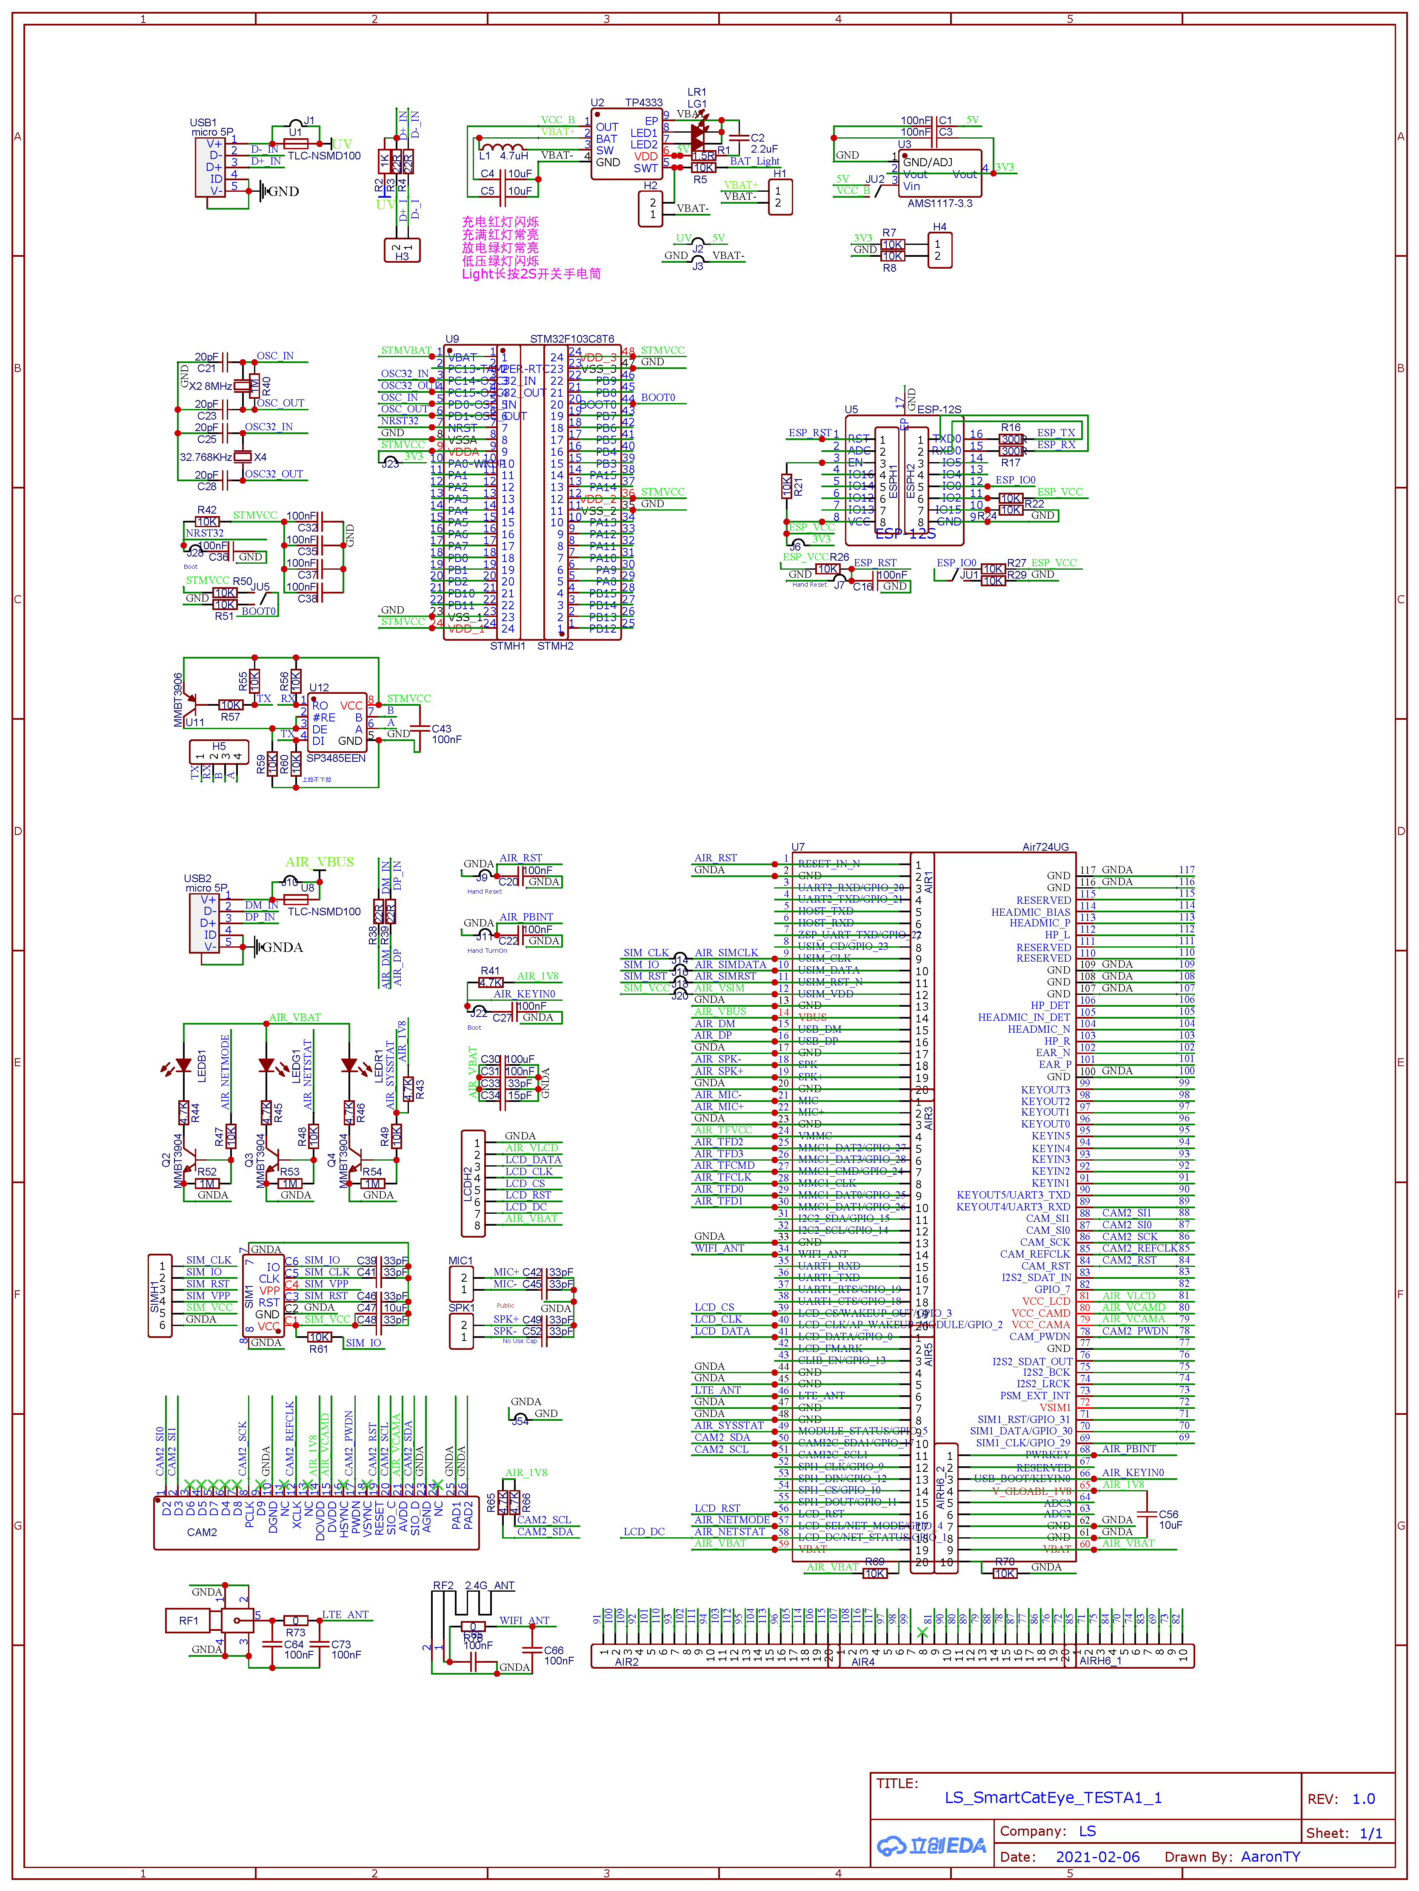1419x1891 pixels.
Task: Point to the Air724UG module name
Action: [x=1045, y=847]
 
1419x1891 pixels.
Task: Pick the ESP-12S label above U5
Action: [x=939, y=409]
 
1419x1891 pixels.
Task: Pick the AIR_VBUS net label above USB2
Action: [x=319, y=863]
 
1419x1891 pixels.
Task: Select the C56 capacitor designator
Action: [x=1168, y=1514]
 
